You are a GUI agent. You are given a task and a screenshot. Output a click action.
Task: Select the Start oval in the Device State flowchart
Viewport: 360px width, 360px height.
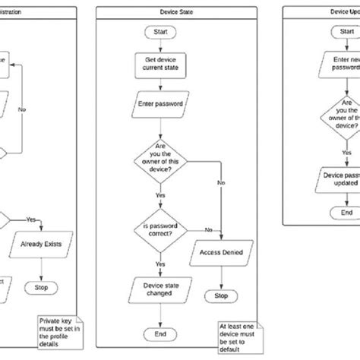(159, 33)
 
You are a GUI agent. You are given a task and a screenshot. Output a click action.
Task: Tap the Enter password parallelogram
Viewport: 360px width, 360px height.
(159, 100)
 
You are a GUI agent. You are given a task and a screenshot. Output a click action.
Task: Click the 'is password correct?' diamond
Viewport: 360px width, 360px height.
(159, 230)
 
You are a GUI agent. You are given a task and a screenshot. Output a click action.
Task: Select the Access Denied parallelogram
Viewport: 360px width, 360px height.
(221, 253)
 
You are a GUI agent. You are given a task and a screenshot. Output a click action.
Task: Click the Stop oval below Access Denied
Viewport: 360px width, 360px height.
(221, 295)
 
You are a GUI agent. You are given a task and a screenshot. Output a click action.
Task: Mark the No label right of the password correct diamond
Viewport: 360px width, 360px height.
(208, 229)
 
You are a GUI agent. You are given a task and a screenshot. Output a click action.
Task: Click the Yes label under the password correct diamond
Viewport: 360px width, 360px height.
(161, 264)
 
